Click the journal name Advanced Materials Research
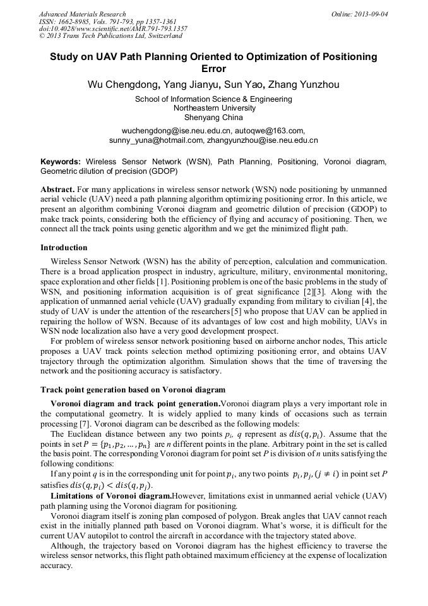(x=83, y=14)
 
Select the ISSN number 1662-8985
(x=73, y=21)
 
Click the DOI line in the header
(x=113, y=28)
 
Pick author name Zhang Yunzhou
(x=304, y=84)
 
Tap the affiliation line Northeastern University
(x=213, y=108)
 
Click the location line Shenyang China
(x=213, y=117)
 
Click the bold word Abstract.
(x=57, y=190)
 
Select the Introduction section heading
(x=64, y=247)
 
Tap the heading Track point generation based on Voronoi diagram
(x=133, y=389)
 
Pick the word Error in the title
(x=213, y=68)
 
